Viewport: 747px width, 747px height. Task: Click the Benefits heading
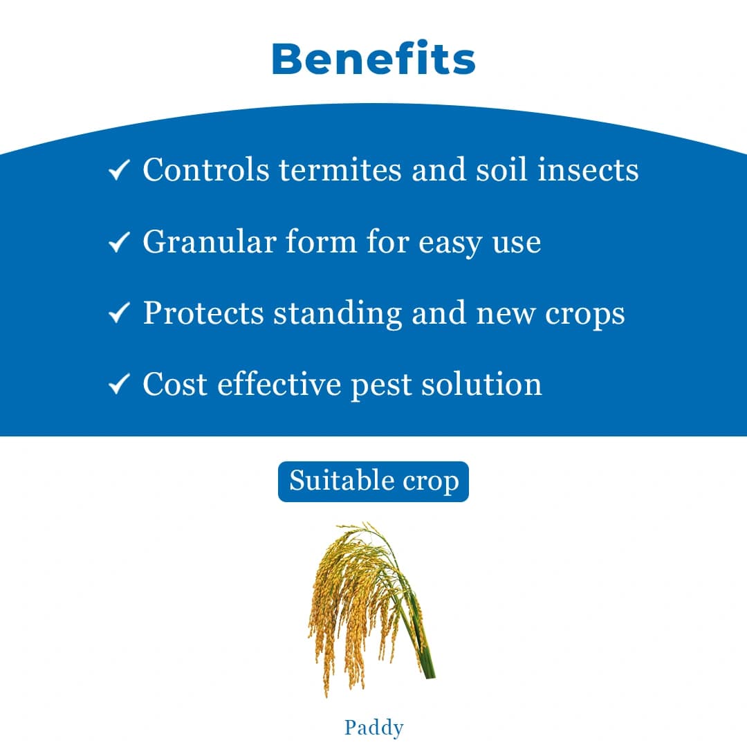click(x=373, y=59)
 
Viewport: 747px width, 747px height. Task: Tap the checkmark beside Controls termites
click(x=120, y=170)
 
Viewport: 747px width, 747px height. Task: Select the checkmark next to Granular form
click(x=120, y=242)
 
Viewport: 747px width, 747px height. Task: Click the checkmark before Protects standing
click(x=120, y=314)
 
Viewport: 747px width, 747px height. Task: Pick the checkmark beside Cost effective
click(x=120, y=385)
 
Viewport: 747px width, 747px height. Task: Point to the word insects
click(x=588, y=170)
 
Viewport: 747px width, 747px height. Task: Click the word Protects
click(x=203, y=313)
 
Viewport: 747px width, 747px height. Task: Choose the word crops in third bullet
click(x=585, y=315)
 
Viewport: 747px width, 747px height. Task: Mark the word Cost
click(x=176, y=385)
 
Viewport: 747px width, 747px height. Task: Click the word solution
click(x=482, y=385)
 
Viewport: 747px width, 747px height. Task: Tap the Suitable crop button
click(x=373, y=481)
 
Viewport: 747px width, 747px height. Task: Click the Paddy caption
click(x=373, y=728)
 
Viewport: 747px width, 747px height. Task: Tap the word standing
click(x=338, y=315)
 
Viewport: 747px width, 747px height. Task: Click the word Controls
click(x=206, y=170)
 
